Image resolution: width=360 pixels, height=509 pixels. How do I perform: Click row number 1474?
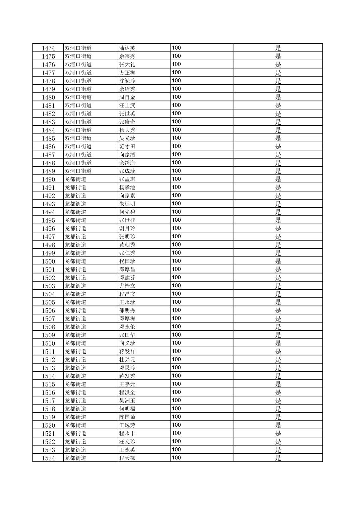tap(48, 48)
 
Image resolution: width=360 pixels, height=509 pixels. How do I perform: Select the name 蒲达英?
tap(127, 48)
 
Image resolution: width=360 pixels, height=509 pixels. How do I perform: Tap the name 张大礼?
tap(127, 65)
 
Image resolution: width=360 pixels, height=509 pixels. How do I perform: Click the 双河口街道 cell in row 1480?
tap(78, 97)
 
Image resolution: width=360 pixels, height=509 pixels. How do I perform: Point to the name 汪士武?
tap(127, 105)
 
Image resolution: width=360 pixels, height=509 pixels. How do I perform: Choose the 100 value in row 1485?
tap(176, 138)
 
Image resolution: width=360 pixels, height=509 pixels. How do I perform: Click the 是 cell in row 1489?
tap(278, 171)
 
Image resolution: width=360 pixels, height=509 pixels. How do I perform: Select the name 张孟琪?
tap(127, 179)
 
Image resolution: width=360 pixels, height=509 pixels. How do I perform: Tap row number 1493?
tap(48, 204)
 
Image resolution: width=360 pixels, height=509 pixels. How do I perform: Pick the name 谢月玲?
tap(127, 228)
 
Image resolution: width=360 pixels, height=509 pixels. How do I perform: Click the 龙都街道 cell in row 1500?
tap(75, 261)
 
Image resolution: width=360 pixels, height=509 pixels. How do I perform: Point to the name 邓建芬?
tap(127, 278)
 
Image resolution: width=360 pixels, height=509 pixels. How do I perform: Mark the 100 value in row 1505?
tap(176, 302)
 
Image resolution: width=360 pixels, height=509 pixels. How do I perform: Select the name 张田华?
tap(127, 335)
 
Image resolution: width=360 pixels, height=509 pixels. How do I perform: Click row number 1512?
tap(48, 360)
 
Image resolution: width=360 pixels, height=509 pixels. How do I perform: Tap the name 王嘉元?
tap(127, 384)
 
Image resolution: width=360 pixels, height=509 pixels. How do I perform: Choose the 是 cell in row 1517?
tap(278, 401)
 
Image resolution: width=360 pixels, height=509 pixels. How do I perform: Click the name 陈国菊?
tap(127, 417)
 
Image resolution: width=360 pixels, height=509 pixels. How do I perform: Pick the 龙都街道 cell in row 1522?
tap(75, 442)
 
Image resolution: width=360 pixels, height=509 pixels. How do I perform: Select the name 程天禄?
tap(127, 458)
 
